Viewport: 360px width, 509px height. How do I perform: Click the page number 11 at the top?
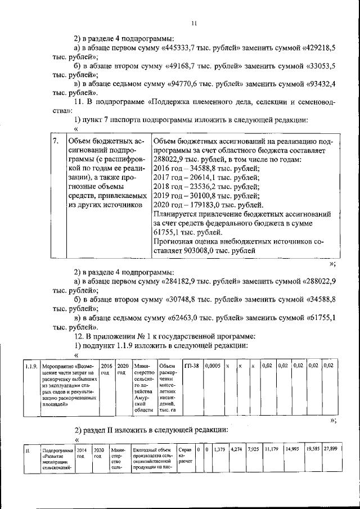[x=193, y=23]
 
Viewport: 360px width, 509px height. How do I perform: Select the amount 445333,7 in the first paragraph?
[x=181, y=48]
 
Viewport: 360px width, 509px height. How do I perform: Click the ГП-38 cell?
[x=191, y=366]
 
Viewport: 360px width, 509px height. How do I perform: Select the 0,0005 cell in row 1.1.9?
[x=212, y=366]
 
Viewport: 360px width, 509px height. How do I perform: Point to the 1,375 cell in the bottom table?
[x=220, y=450]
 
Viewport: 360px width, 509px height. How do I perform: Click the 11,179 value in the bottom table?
[x=271, y=450]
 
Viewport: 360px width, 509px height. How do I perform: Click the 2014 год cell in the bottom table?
[x=81, y=453]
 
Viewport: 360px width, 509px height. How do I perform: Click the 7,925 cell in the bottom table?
[x=253, y=450]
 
